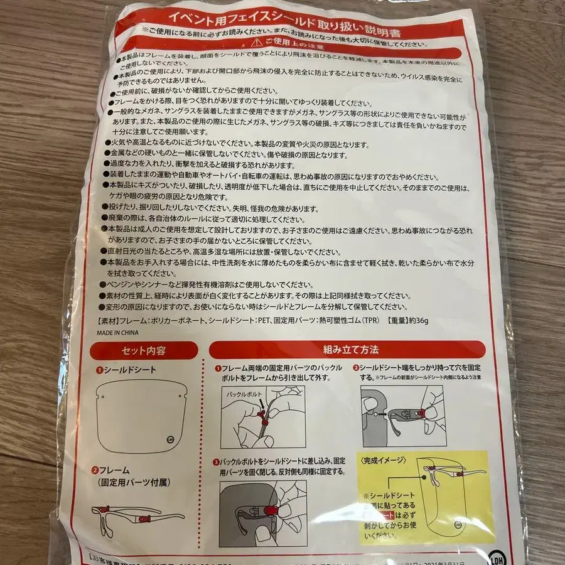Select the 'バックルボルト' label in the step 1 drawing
click(x=242, y=395)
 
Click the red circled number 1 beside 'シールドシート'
click(x=99, y=370)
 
